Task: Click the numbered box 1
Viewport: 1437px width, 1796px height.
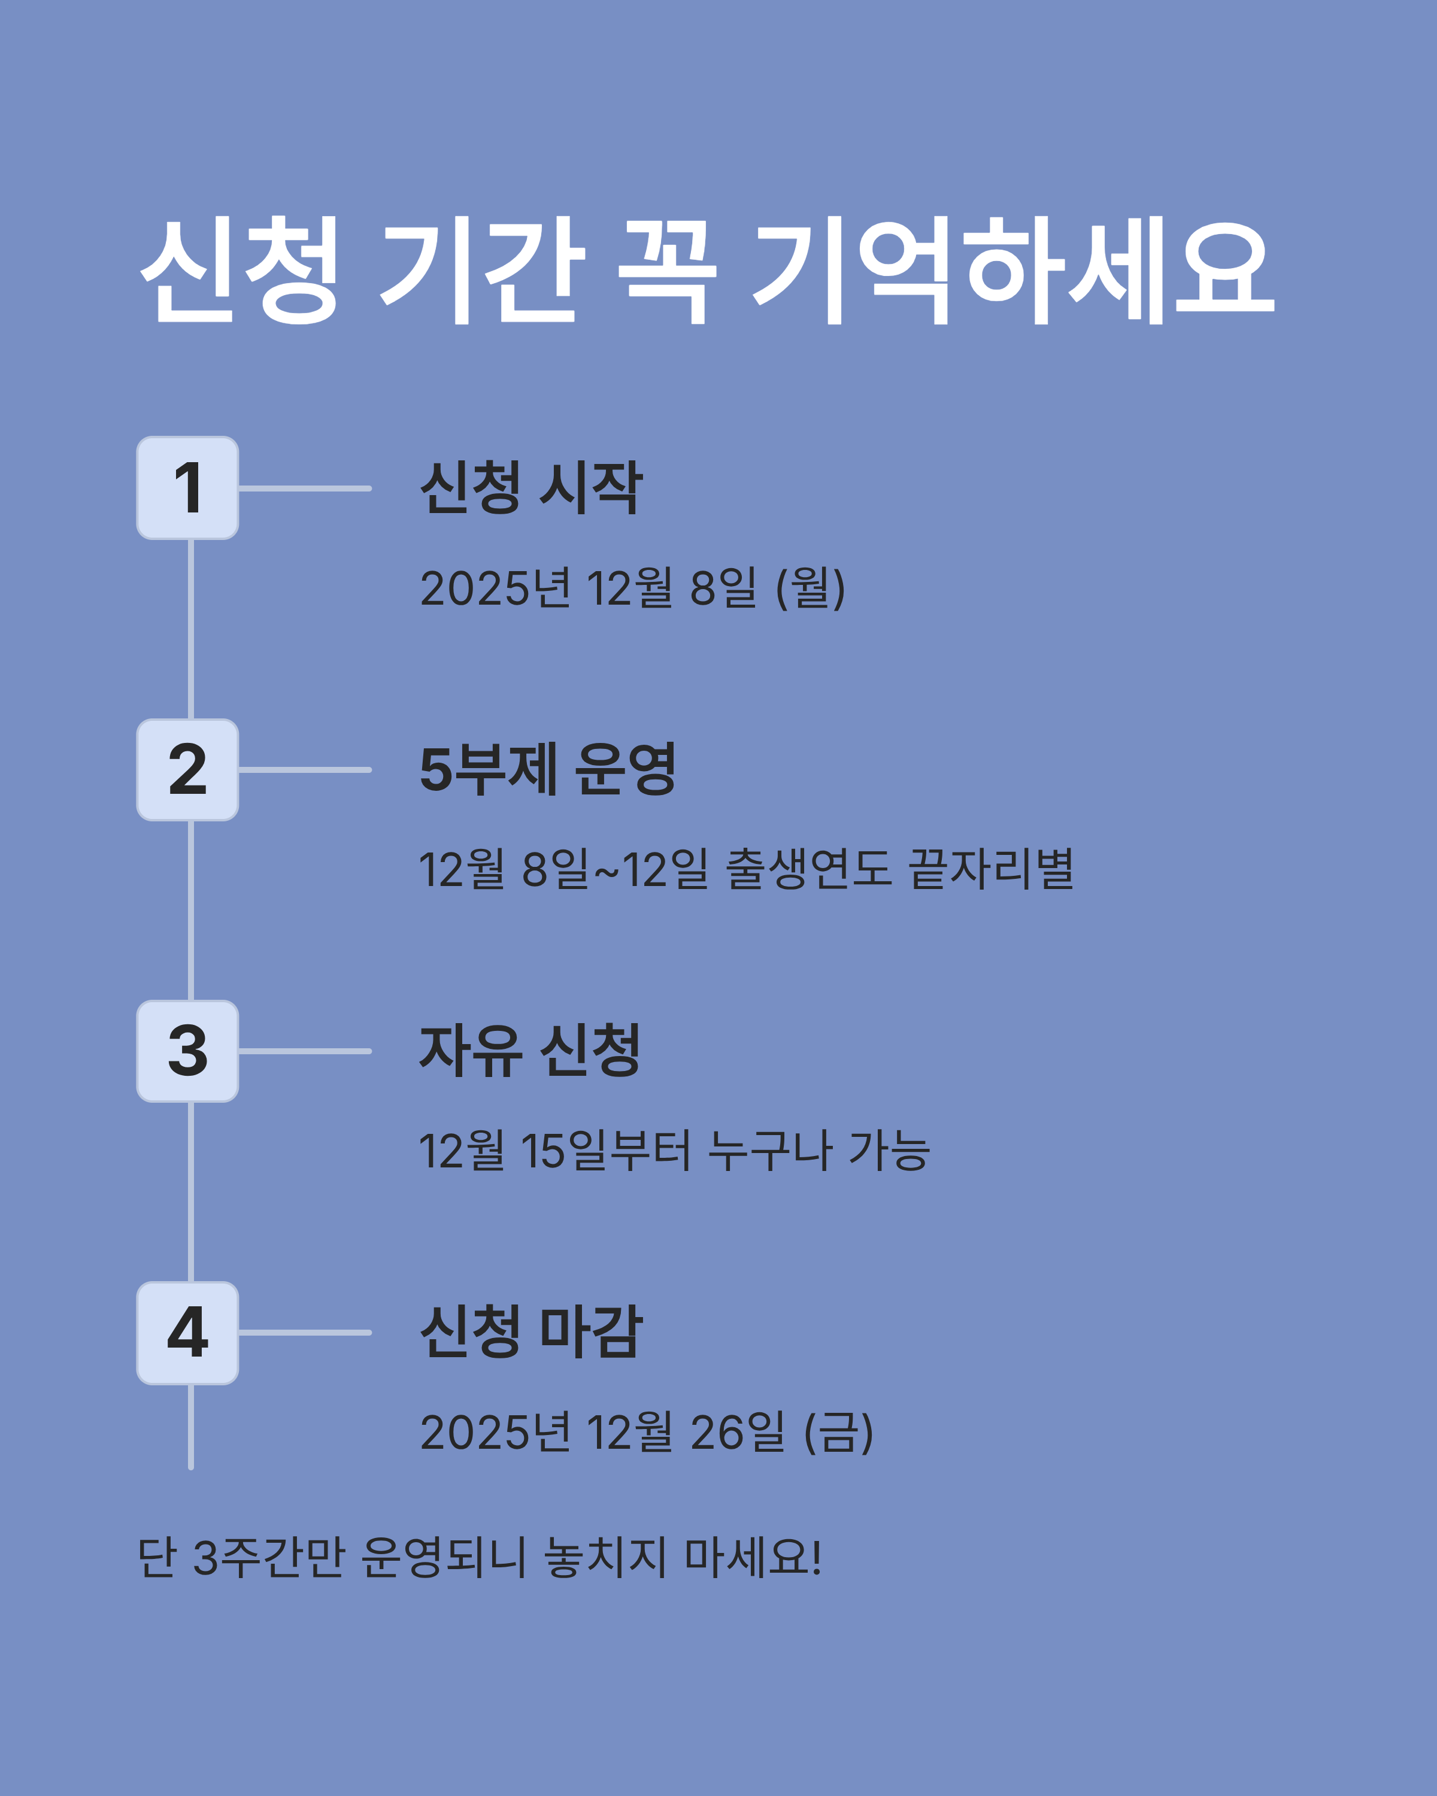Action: pyautogui.click(x=187, y=488)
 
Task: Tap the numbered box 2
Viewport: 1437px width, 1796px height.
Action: pyautogui.click(x=187, y=770)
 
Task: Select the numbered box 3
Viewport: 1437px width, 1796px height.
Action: pyautogui.click(x=187, y=1051)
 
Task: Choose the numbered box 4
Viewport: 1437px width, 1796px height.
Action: pyautogui.click(x=187, y=1333)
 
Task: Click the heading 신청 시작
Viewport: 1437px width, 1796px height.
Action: pyautogui.click(x=530, y=487)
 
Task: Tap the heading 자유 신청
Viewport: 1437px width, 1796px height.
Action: pyautogui.click(x=530, y=1051)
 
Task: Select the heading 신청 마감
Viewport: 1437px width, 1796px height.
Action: pyautogui.click(x=530, y=1332)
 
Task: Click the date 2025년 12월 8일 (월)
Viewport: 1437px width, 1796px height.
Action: pyautogui.click(x=632, y=588)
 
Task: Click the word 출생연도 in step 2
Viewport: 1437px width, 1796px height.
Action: pyautogui.click(x=809, y=870)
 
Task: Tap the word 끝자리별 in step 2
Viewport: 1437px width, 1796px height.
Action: pyautogui.click(x=992, y=870)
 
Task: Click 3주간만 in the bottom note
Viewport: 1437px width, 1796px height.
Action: pyautogui.click(x=269, y=1557)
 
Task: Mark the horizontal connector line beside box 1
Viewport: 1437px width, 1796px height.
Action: pyautogui.click(x=305, y=488)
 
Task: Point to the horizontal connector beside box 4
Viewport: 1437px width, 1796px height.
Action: pyautogui.click(x=305, y=1333)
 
